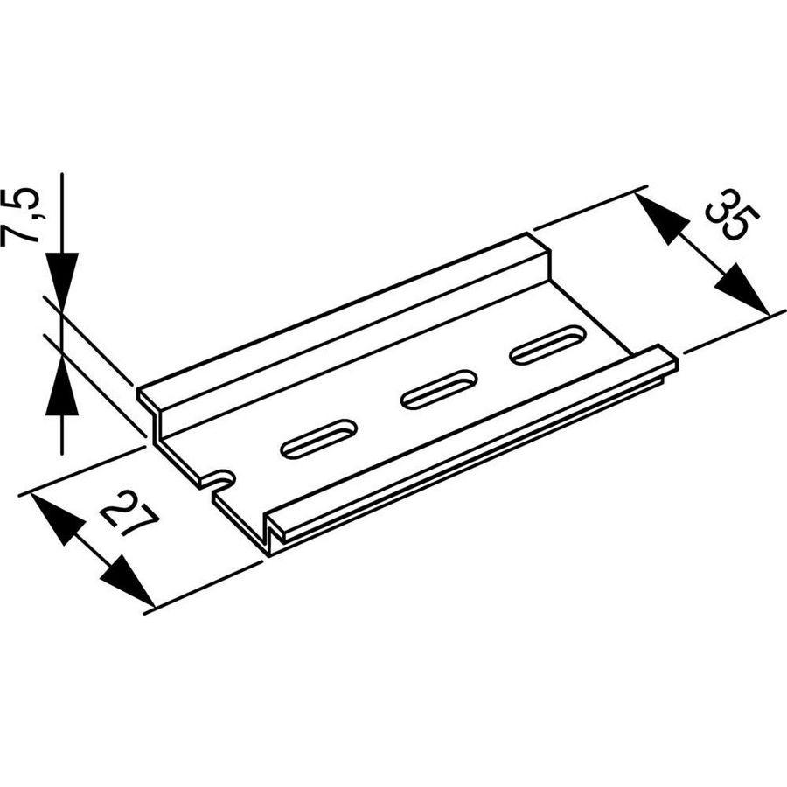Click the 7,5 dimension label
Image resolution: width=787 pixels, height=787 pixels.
[x=20, y=216]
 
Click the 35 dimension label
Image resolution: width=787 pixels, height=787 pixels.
[x=732, y=215]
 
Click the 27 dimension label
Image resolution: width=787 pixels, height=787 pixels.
[x=129, y=515]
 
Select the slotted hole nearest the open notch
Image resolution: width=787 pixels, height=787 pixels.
[x=318, y=440]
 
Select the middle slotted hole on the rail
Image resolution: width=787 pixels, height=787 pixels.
[x=439, y=389]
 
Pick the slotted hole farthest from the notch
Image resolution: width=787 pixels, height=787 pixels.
[x=548, y=345]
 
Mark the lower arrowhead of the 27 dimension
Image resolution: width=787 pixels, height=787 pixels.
[x=128, y=581]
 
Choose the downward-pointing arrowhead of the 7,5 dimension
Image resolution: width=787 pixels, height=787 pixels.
[x=62, y=281]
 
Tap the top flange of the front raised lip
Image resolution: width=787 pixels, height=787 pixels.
[x=472, y=441]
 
